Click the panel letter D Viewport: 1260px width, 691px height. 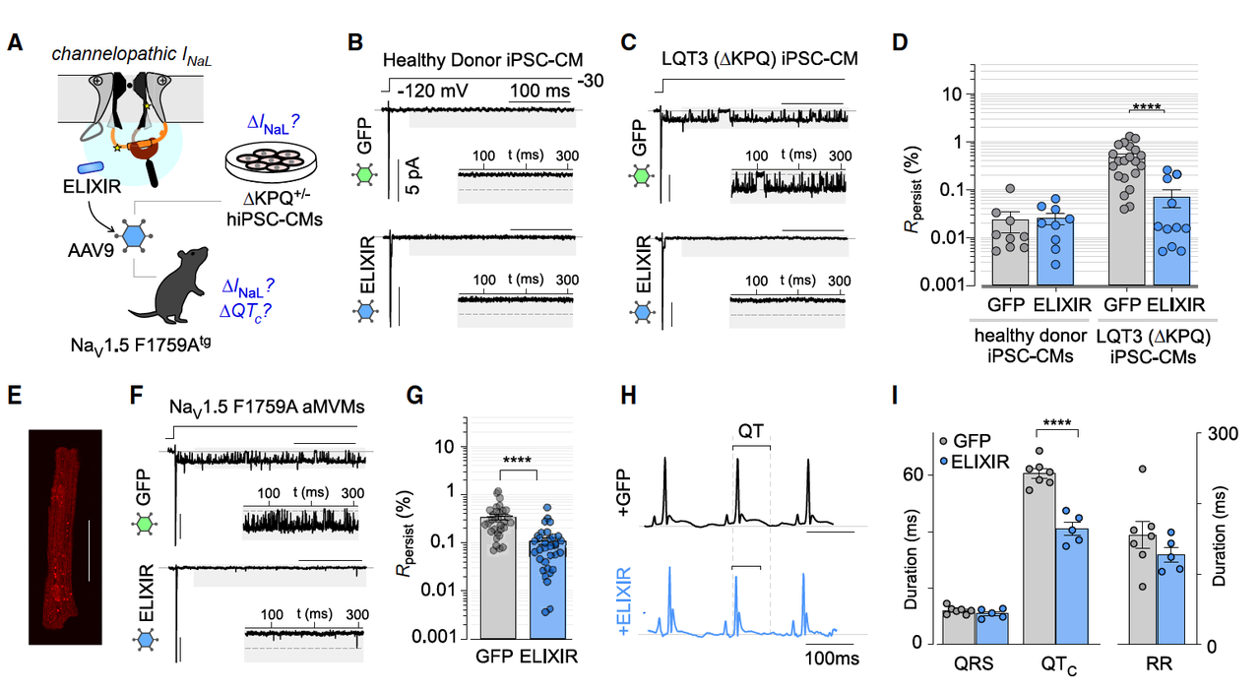pyautogui.click(x=900, y=44)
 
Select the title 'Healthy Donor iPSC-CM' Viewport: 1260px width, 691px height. pyautogui.click(x=479, y=60)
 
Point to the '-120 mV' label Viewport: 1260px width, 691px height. pyautogui.click(x=432, y=91)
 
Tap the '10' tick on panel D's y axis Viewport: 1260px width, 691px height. pyautogui.click(x=953, y=94)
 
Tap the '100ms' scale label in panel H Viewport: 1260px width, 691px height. pyautogui.click(x=832, y=658)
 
